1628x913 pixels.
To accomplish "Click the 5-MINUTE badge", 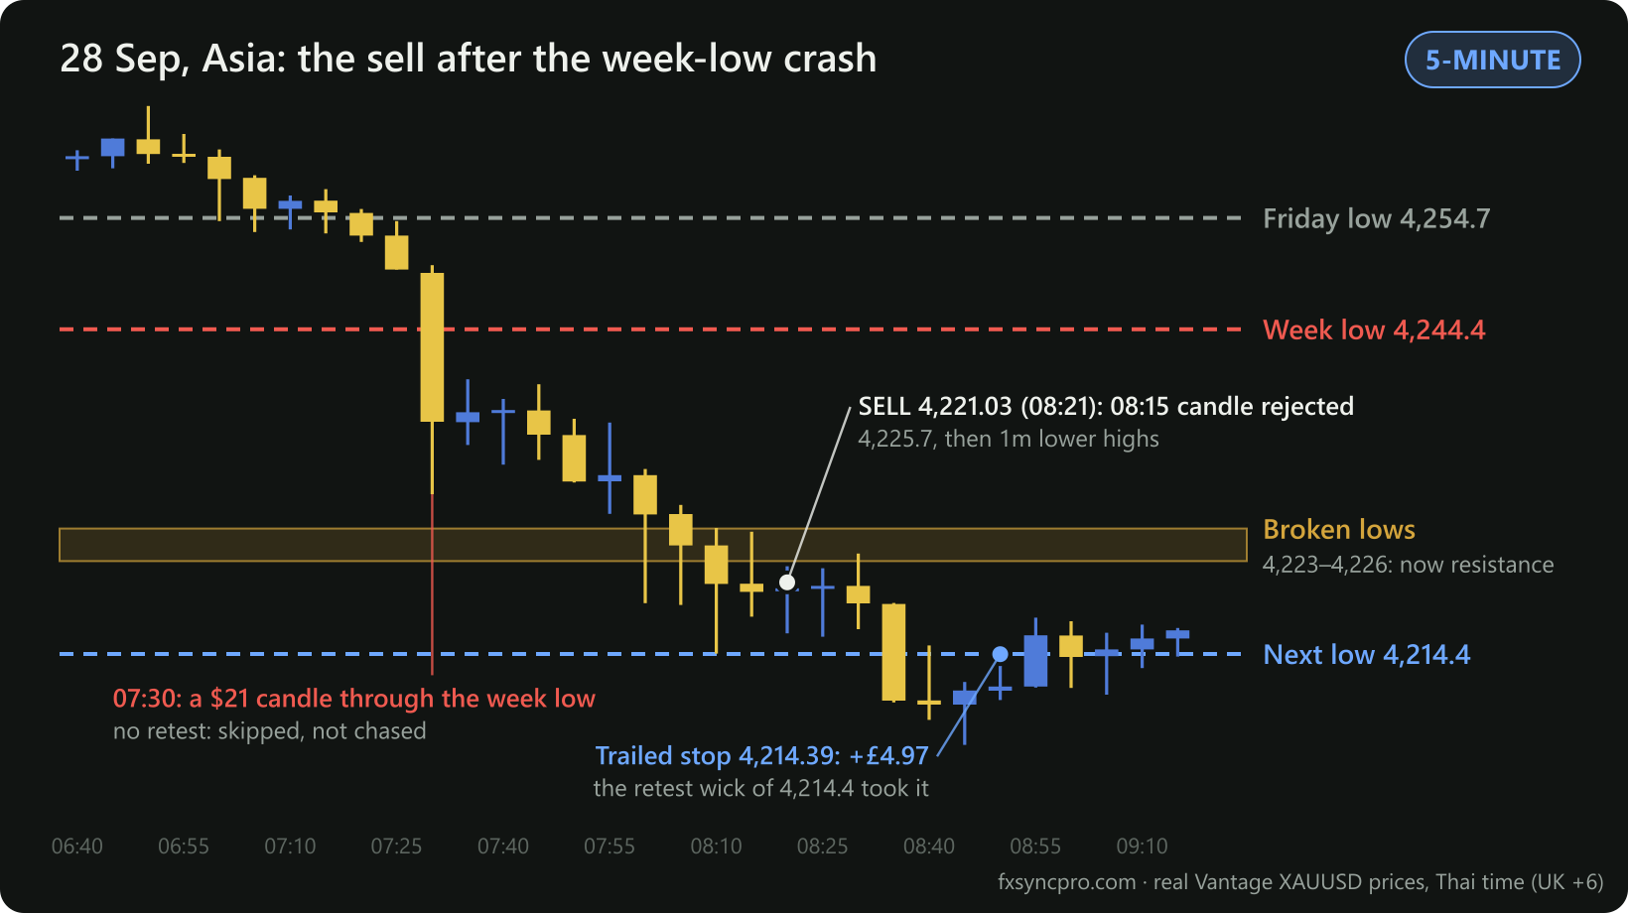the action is tap(1492, 60).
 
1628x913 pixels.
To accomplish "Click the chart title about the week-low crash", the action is tap(469, 59).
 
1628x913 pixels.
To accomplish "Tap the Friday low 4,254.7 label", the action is tap(1377, 218).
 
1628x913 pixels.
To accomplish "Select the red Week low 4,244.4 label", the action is tap(1374, 329).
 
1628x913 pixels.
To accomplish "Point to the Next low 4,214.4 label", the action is tap(1366, 654).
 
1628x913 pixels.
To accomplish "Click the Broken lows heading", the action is tap(1339, 530).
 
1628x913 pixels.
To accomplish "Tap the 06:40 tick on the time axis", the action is tap(77, 847).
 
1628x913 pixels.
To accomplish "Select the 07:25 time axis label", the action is tap(396, 847).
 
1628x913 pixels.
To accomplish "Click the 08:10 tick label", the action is tap(716, 847).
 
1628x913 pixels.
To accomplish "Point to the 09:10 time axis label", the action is tap(1142, 847).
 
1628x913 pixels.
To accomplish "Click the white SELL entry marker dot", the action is tap(787, 583).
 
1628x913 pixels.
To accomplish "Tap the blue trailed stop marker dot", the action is tap(1000, 654).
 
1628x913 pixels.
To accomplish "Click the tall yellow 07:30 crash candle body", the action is tap(433, 347).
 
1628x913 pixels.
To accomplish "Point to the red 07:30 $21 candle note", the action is tap(354, 699).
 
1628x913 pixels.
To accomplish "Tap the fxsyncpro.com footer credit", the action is tap(1300, 882).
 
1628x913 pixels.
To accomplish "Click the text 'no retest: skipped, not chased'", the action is tap(270, 730).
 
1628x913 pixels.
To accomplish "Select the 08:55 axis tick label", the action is tap(1035, 847).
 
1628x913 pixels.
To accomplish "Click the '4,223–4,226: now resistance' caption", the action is tap(1408, 565).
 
